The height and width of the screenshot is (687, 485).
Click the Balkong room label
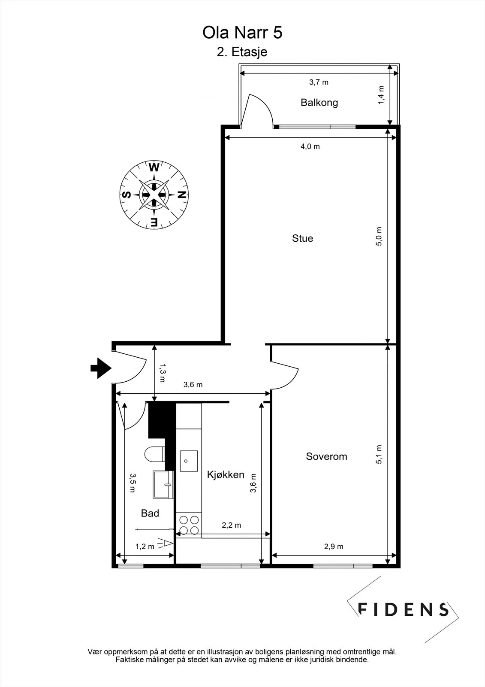tap(319, 103)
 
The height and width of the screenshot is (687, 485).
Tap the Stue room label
tap(302, 238)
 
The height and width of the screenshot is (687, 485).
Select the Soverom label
tap(326, 456)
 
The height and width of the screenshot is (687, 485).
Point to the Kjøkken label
tap(226, 475)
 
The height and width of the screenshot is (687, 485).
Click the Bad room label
tap(150, 513)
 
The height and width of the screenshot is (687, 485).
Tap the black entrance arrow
tap(101, 368)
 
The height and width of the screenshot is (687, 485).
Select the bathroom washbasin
tap(163, 485)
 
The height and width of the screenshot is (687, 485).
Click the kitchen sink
tap(189, 461)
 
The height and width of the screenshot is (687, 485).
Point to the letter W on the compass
tap(154, 168)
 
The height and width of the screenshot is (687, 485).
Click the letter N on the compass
tap(182, 195)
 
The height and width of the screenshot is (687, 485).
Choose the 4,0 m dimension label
tap(310, 146)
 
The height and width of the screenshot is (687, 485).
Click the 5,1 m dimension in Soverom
tap(379, 454)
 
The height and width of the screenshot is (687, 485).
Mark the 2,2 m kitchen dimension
tap(231, 525)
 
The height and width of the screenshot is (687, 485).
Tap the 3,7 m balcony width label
tap(319, 82)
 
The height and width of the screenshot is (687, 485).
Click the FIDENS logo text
tap(403, 609)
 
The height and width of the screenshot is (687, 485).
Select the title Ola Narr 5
tap(242, 33)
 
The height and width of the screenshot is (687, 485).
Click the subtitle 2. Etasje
tap(242, 52)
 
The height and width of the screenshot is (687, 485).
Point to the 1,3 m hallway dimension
tap(163, 373)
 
